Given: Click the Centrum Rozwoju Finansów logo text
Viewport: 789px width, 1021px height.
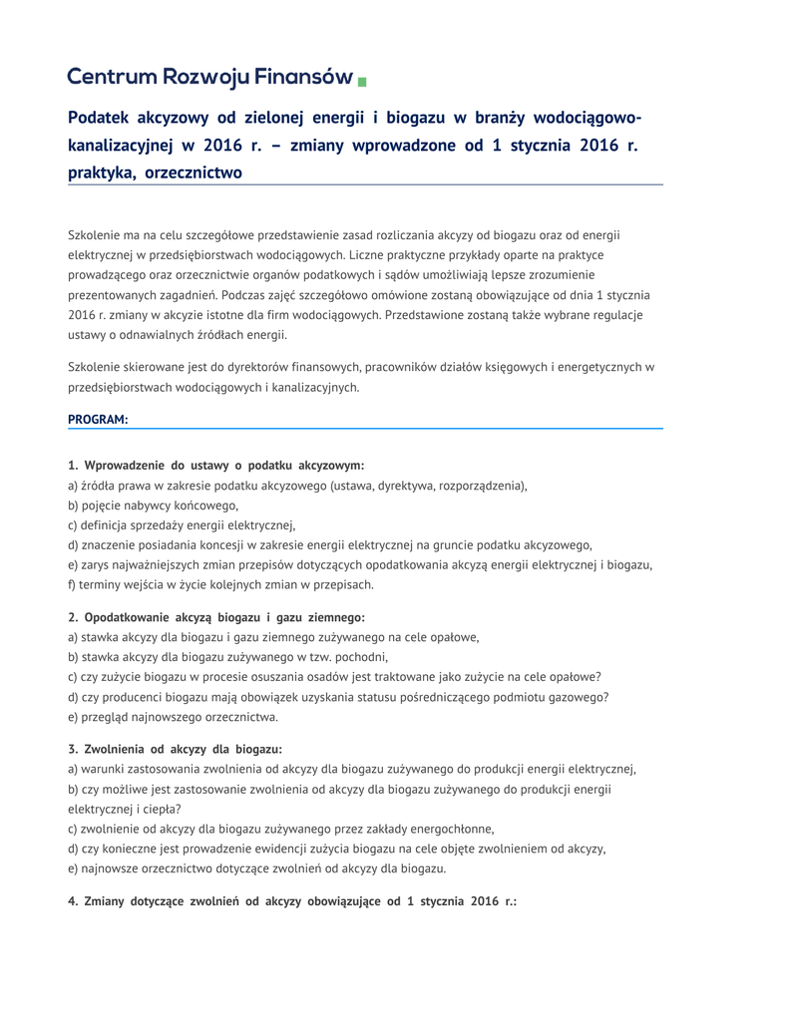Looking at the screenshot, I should pyautogui.click(x=209, y=77).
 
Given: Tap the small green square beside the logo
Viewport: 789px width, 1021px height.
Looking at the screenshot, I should pyautogui.click(x=362, y=80).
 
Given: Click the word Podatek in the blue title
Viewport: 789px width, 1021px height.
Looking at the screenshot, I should pyautogui.click(x=104, y=118).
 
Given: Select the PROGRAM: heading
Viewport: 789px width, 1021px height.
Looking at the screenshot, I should pyautogui.click(x=98, y=420).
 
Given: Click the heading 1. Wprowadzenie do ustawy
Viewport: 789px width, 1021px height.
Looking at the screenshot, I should pyautogui.click(x=215, y=465).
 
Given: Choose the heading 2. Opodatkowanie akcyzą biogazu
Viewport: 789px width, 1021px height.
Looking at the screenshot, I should pyautogui.click(x=215, y=617).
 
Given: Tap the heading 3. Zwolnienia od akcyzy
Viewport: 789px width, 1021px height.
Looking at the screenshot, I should pyautogui.click(x=175, y=749).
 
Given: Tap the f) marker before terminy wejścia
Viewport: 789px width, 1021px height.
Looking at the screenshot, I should pyautogui.click(x=72, y=584).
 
